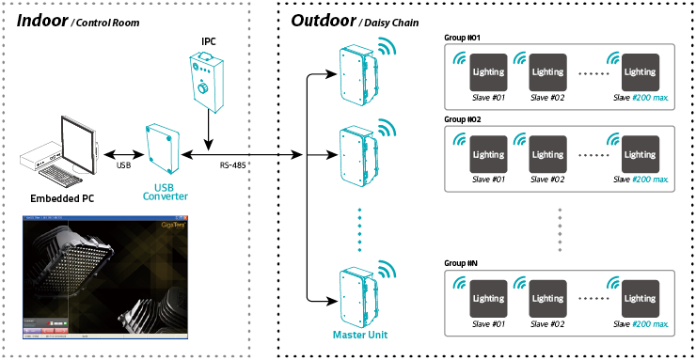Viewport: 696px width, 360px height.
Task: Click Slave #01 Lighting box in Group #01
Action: pyautogui.click(x=488, y=71)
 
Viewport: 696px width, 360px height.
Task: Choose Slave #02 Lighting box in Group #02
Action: pyautogui.click(x=547, y=154)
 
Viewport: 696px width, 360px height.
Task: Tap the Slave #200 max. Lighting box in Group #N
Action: pyautogui.click(x=640, y=298)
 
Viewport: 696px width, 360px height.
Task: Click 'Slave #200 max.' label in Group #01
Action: pyautogui.click(x=641, y=97)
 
